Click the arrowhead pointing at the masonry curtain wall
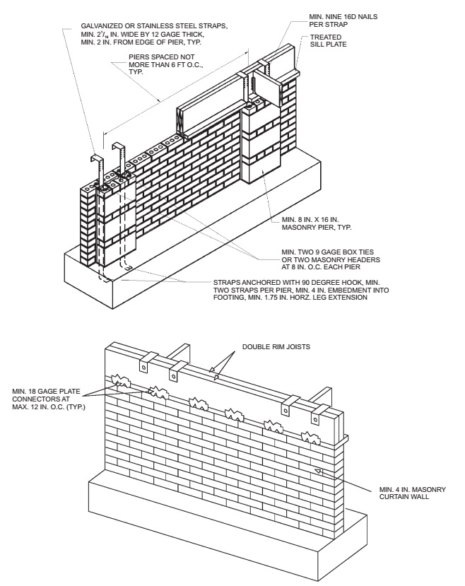pos(319,471)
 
